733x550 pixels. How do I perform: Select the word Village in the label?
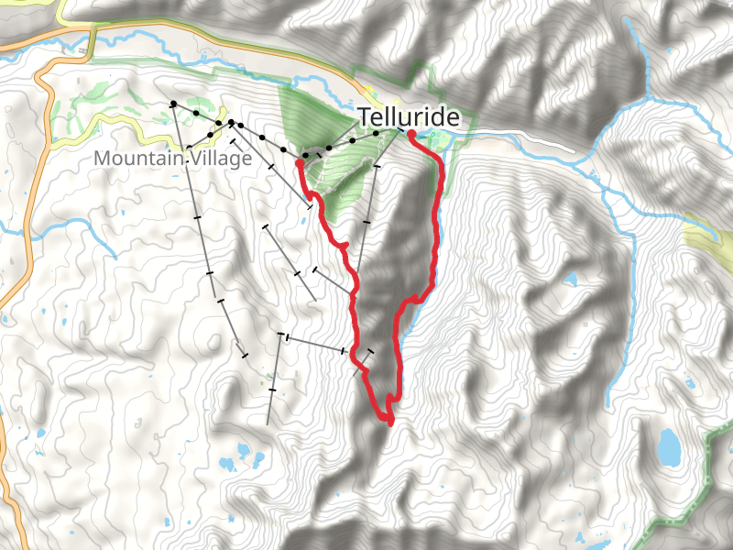coord(218,159)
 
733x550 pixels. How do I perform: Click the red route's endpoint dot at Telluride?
coord(410,135)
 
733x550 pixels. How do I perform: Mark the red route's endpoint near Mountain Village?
coord(301,164)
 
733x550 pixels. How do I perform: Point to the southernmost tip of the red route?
coord(390,423)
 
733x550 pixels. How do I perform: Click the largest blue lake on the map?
coord(670,447)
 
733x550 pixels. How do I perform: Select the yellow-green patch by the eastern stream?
coord(706,236)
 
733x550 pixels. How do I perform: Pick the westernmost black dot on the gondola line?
coord(173,104)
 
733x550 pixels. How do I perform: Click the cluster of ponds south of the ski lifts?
coord(244,455)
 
